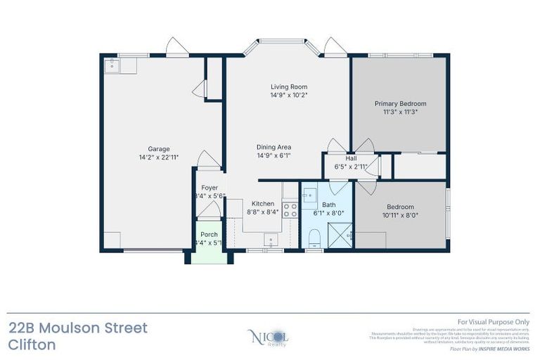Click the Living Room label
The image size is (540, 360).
tap(289, 86)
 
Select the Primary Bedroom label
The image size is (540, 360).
tap(399, 103)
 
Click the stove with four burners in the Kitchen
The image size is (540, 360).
tap(290, 209)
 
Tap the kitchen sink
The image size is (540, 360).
tap(273, 240)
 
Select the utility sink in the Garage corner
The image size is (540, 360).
tap(112, 65)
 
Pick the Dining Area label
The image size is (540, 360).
tap(274, 147)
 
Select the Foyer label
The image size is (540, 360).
tap(210, 188)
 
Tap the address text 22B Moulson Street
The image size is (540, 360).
tap(78, 328)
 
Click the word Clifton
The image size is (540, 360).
tap(32, 345)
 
